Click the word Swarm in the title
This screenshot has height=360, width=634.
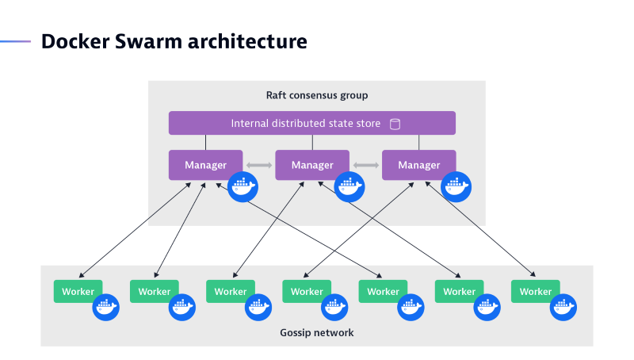point(142,41)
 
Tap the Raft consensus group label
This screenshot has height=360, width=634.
point(316,95)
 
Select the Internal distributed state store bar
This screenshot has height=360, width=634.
point(311,123)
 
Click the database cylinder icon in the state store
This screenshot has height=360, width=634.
point(395,124)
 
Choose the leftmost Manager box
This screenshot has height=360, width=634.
point(205,165)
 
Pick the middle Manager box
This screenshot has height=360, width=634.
point(311,165)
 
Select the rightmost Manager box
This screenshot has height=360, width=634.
point(418,165)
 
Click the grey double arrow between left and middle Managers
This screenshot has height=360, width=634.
point(259,165)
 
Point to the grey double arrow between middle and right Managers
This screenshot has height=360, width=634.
point(365,165)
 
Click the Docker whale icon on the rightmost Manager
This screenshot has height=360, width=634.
point(456,187)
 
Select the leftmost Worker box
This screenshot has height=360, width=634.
point(78,292)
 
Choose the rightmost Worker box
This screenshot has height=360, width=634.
point(535,292)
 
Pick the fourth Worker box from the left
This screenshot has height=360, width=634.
point(306,292)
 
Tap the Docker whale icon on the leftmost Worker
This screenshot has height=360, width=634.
point(105,307)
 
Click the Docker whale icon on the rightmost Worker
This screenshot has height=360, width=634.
point(563,307)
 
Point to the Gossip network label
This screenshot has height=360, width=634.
point(316,332)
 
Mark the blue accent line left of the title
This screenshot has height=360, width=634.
point(15,41)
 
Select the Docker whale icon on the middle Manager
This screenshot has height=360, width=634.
point(349,187)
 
